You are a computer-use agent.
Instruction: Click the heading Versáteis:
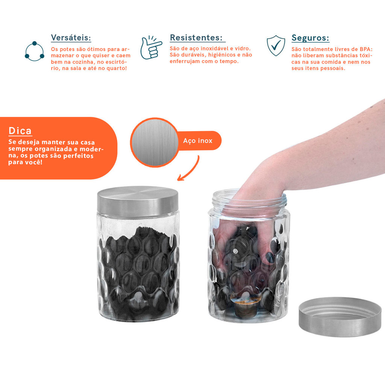point(71,38)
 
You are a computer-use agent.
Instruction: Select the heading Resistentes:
point(196,38)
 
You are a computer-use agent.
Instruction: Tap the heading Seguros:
point(310,38)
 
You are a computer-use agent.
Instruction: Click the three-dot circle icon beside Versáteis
point(34,51)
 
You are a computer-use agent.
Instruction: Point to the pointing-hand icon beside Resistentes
point(151,47)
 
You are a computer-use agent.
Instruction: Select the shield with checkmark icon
point(276,45)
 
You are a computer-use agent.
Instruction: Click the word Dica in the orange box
point(20,130)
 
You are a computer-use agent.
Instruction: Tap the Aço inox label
point(198,141)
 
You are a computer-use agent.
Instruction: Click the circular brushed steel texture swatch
point(155,142)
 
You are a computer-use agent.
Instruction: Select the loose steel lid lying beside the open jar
point(340,317)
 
